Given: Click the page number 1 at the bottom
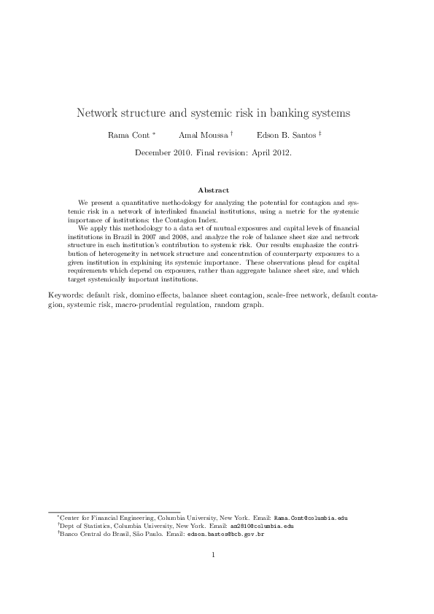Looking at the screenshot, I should pyautogui.click(x=213, y=556).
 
